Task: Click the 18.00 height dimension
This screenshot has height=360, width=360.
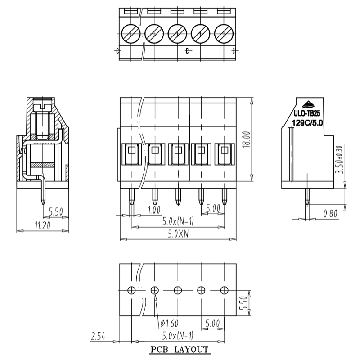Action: [247, 139]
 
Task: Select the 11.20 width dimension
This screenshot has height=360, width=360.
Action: [42, 225]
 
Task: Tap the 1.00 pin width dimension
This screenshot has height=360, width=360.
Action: [154, 210]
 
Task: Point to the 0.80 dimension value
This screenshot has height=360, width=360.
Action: [330, 214]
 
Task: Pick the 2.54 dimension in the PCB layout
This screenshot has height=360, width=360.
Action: [98, 336]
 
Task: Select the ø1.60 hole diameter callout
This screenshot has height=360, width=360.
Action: [170, 323]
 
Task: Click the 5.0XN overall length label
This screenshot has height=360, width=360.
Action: [178, 234]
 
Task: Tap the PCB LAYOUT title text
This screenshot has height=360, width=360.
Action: [180, 350]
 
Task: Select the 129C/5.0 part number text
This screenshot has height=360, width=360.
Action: [307, 123]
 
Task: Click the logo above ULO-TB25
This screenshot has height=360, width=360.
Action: [308, 105]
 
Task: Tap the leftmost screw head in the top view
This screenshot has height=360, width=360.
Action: [130, 33]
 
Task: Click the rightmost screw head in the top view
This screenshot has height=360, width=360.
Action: [224, 33]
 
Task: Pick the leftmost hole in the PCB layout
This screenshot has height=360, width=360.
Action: [131, 290]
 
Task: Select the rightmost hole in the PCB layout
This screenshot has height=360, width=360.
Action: [224, 290]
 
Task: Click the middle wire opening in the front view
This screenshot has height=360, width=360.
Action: [178, 154]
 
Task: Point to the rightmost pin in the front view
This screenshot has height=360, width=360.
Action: [224, 197]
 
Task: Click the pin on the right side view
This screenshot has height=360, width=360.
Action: [307, 197]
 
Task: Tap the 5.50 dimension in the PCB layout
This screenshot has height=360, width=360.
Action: [244, 303]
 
